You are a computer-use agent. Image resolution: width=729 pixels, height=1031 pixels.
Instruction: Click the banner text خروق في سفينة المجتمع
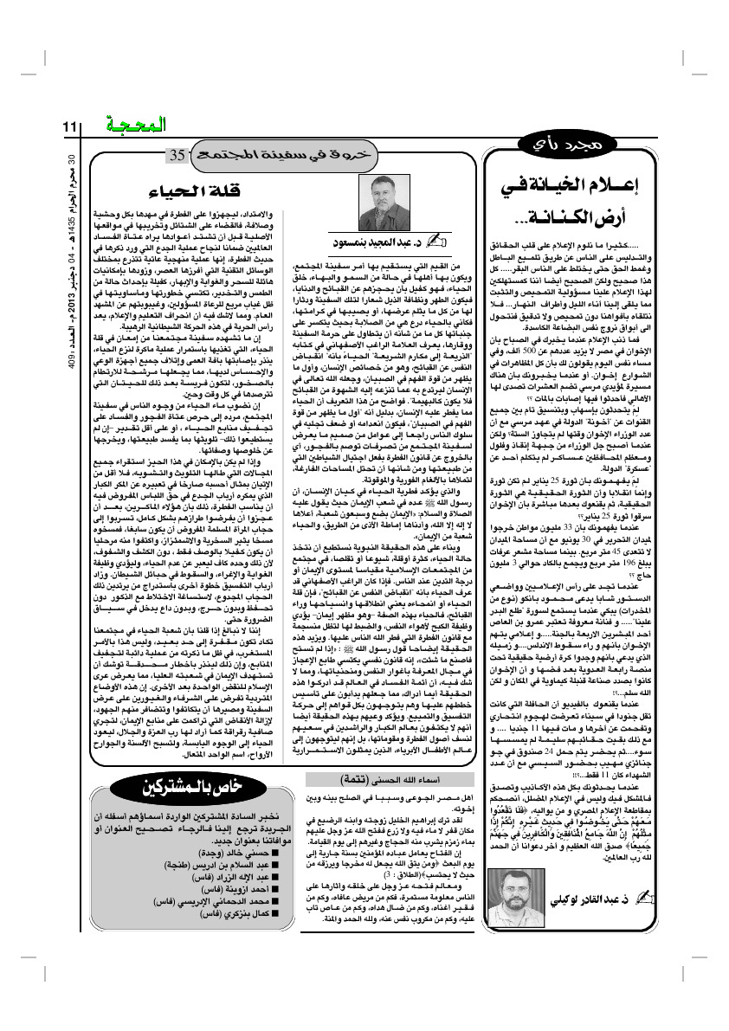pos(255,157)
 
